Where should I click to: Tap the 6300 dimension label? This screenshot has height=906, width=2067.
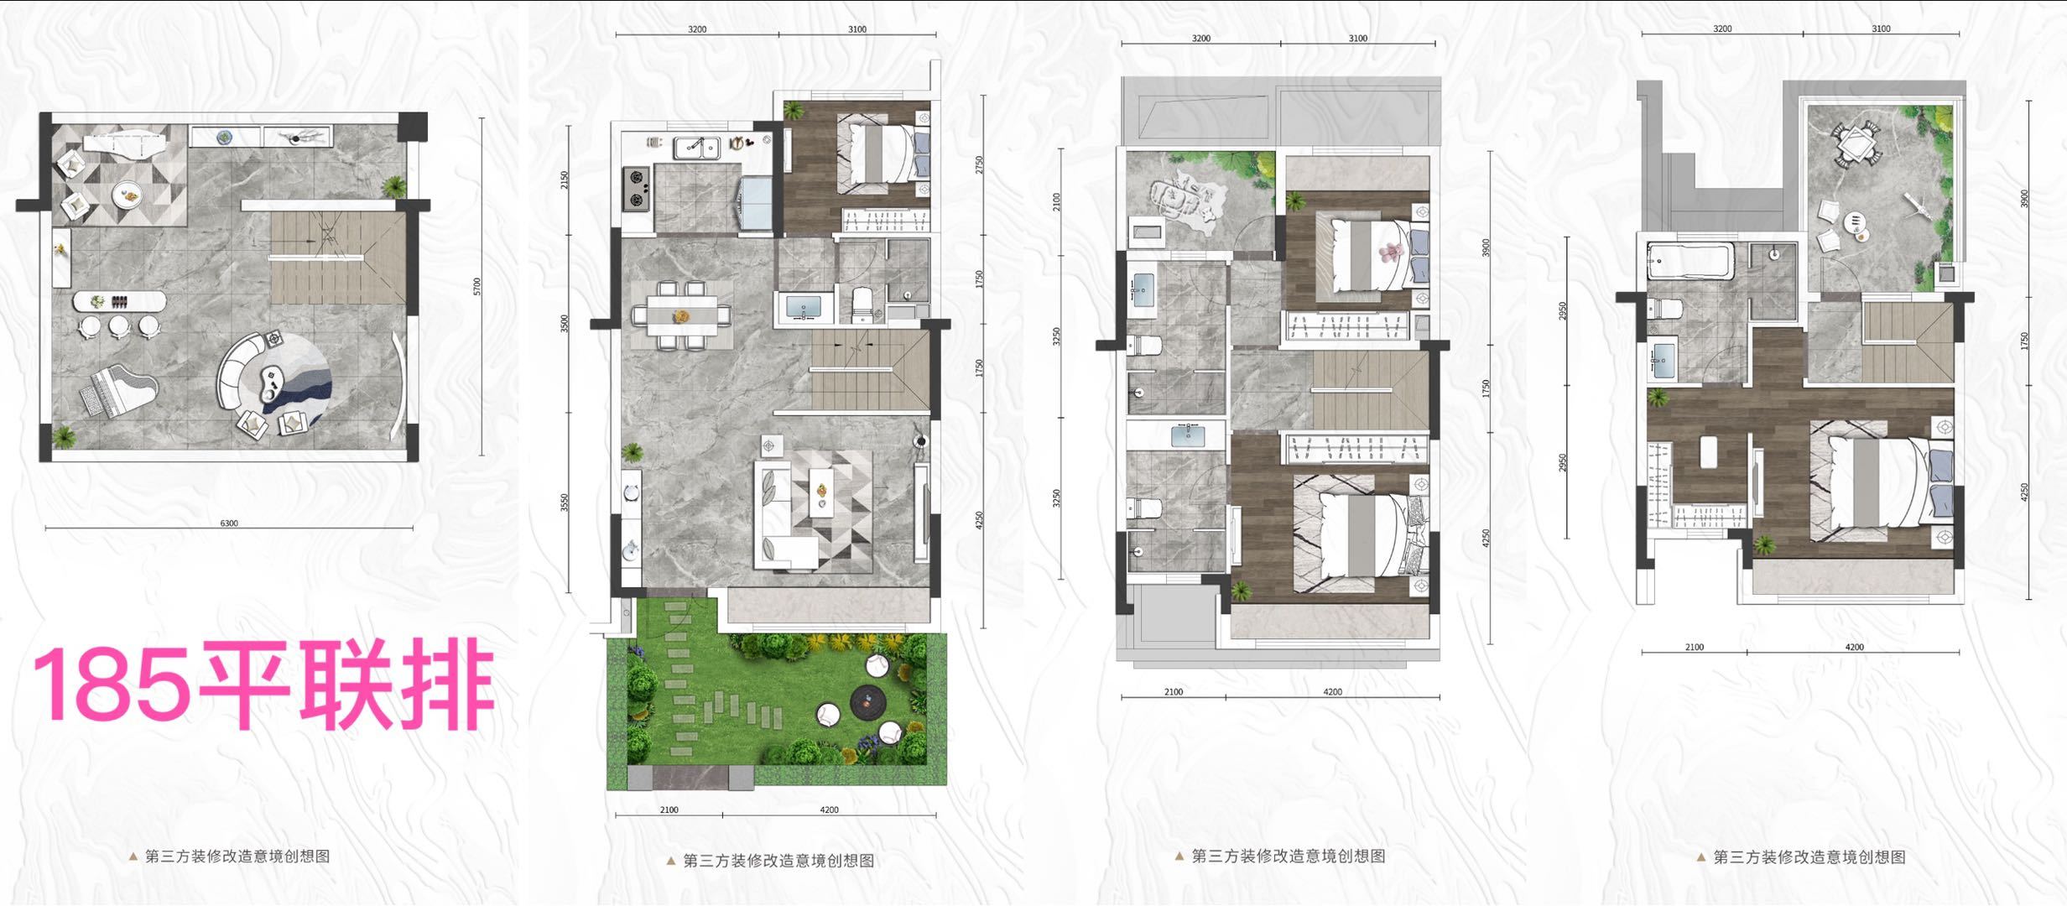coord(229,523)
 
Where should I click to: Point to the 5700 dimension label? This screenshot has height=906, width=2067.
coord(477,287)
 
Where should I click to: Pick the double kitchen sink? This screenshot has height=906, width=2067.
coord(697,148)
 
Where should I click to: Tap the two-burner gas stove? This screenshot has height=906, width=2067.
coord(636,189)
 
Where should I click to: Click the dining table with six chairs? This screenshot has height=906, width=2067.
coord(681,315)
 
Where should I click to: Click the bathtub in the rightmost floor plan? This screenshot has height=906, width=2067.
coord(1690,260)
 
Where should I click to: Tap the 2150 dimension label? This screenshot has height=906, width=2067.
coord(565,180)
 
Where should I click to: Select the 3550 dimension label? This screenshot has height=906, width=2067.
coord(565,502)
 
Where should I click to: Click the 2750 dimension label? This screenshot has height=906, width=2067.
coord(979,164)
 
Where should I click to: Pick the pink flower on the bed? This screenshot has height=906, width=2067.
coord(1393,250)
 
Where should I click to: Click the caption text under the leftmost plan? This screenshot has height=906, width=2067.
coord(237,857)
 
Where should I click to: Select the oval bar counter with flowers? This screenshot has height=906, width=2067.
coord(119,300)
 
